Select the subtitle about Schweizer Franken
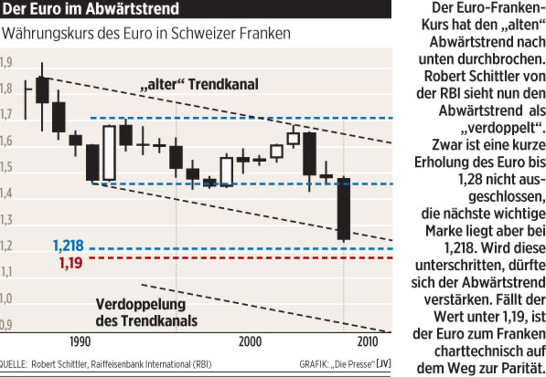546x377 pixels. [x=146, y=34]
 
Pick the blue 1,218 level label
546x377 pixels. [x=68, y=246]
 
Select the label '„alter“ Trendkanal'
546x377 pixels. [x=199, y=84]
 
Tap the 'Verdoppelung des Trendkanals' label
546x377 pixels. [x=146, y=313]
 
